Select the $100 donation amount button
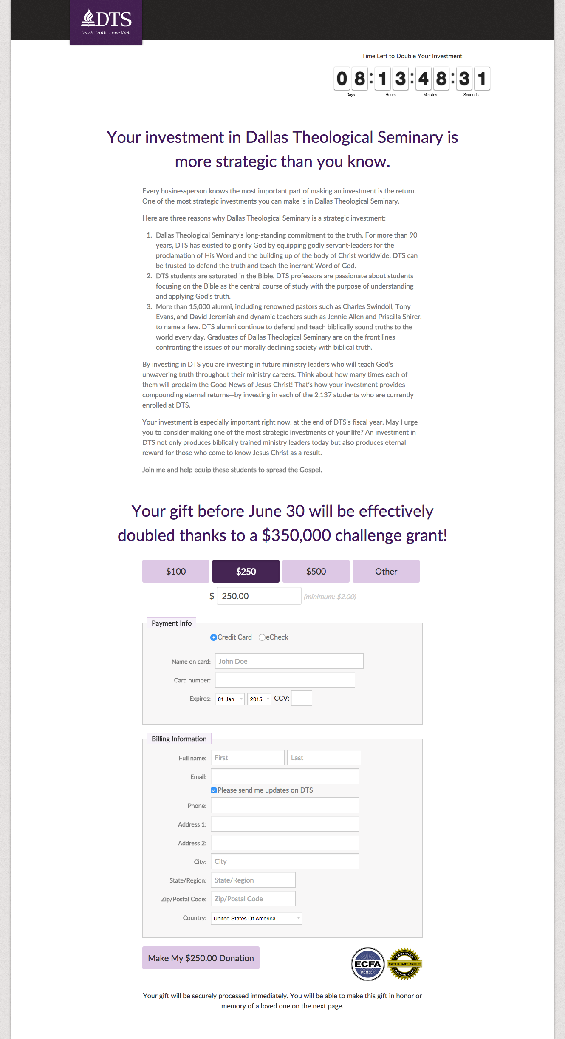point(176,571)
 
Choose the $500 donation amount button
point(316,571)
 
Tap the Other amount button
point(386,571)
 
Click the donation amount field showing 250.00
point(259,596)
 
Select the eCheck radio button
point(262,637)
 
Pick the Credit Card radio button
point(214,637)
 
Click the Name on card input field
point(289,661)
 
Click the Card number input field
point(285,680)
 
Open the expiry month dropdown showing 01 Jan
point(230,699)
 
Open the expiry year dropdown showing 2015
point(259,699)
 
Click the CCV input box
point(302,698)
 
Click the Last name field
point(324,758)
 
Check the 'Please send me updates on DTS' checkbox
point(214,790)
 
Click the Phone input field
point(285,805)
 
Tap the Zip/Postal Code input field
point(253,899)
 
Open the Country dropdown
point(256,918)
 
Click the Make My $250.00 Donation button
point(201,958)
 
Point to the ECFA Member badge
point(368,964)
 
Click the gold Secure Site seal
point(404,964)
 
